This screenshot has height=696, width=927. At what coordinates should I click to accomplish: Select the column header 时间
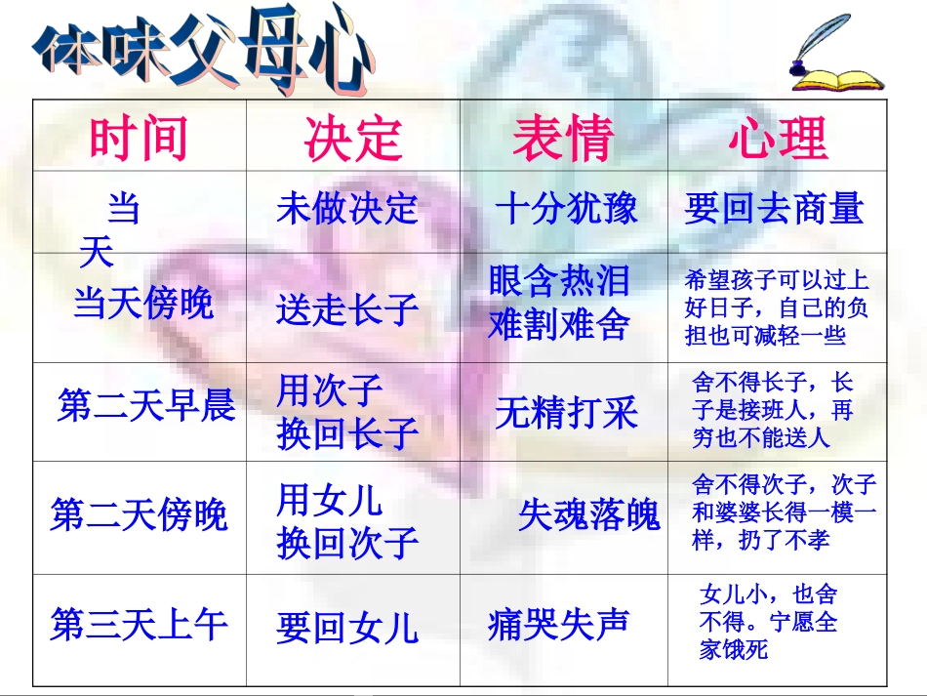[x=139, y=139]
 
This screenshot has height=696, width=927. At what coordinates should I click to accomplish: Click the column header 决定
[x=352, y=139]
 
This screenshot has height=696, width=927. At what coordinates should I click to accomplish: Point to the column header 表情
[x=563, y=139]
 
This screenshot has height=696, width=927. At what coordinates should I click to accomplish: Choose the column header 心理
[x=778, y=139]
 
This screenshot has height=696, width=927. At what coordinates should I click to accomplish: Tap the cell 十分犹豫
[x=566, y=209]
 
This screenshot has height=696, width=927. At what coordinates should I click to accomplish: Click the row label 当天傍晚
[x=143, y=304]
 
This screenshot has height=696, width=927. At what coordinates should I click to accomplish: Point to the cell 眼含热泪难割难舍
[x=559, y=302]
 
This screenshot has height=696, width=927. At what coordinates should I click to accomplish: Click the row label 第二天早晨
[x=146, y=405]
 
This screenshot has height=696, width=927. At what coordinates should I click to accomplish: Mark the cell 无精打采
[x=566, y=413]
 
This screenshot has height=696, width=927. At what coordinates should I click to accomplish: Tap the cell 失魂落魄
[x=588, y=514]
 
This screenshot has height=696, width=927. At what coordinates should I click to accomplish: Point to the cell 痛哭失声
[x=558, y=625]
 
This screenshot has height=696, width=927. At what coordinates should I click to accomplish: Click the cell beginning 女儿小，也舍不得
[x=768, y=621]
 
